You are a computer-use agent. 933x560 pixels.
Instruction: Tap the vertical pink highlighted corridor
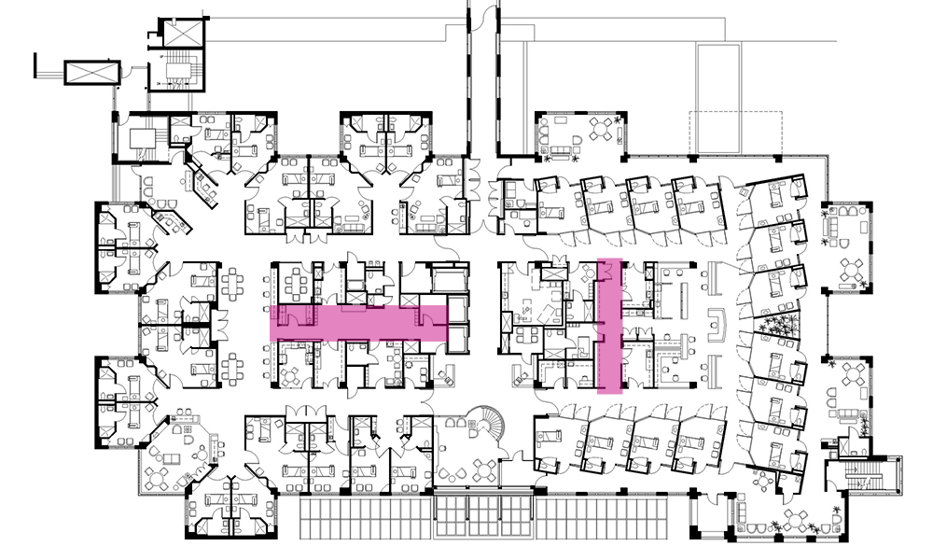click(x=609, y=327)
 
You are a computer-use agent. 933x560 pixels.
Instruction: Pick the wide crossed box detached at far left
click(x=91, y=72)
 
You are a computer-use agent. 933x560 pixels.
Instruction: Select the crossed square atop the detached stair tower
click(x=181, y=33)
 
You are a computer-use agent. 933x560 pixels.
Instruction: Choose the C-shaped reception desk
click(x=717, y=322)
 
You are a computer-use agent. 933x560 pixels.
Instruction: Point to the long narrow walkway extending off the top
click(x=481, y=75)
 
